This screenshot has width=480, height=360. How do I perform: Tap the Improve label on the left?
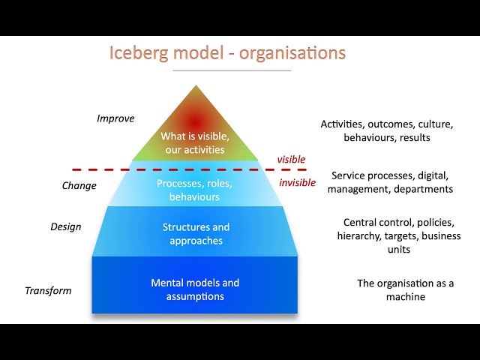[115, 118]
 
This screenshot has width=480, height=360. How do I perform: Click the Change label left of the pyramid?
[79, 185]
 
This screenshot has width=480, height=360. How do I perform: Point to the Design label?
[66, 226]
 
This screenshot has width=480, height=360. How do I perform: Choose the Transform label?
[48, 290]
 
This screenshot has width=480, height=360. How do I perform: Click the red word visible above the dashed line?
[292, 159]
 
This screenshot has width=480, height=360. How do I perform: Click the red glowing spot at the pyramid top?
[195, 120]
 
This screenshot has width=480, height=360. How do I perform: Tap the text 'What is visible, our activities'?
[194, 142]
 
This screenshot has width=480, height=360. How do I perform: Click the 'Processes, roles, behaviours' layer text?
[194, 190]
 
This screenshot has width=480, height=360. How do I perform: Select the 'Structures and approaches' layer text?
[196, 234]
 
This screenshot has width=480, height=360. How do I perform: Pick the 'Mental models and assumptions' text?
[195, 289]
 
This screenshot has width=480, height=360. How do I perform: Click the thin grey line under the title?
[232, 70]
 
